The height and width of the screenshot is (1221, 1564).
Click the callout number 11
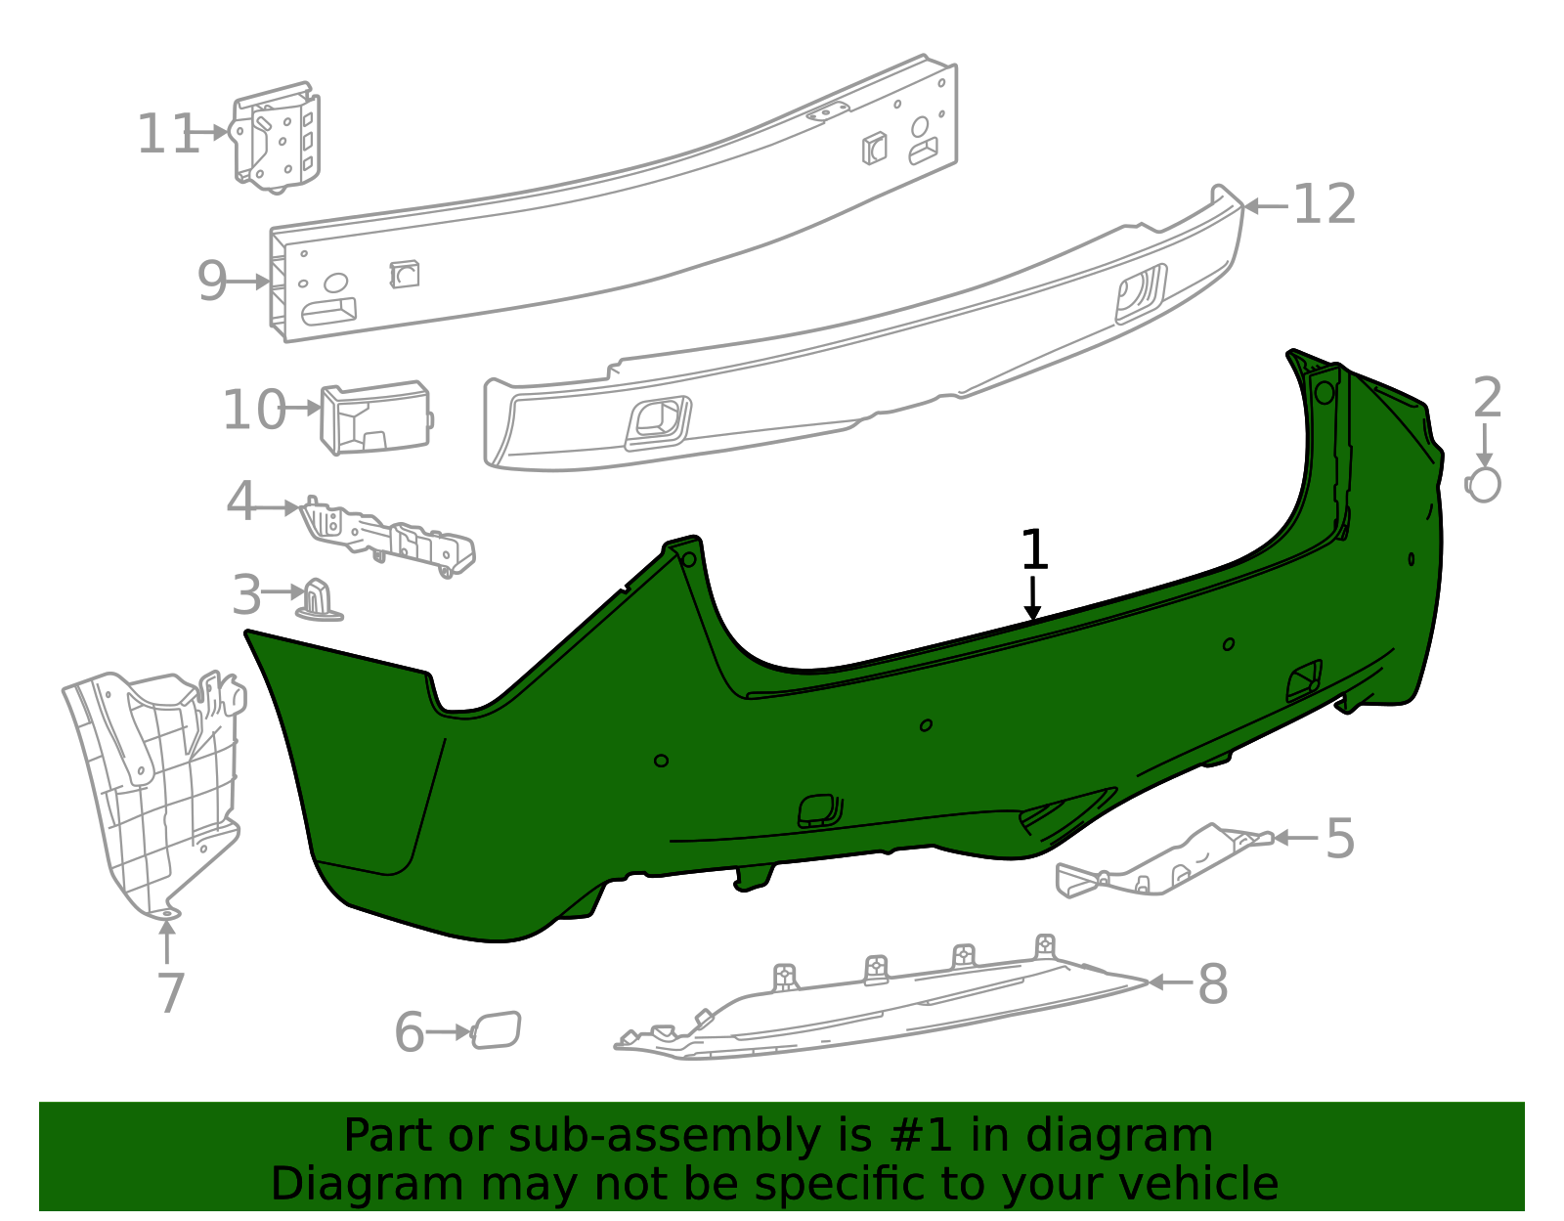pos(168,135)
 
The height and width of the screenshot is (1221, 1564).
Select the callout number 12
pos(1325,205)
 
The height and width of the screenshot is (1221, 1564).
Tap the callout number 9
pos(212,282)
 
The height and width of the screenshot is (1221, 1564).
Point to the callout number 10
pos(254,411)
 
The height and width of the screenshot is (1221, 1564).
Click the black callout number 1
pos(1034,549)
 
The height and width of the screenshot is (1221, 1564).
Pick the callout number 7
pos(171,993)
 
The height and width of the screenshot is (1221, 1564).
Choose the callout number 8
pos(1213,984)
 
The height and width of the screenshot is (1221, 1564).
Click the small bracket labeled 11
pos(276,137)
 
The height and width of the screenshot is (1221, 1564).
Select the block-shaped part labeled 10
pos(375,417)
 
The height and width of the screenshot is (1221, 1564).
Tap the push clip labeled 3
pos(319,601)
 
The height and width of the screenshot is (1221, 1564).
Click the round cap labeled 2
pos(1484,485)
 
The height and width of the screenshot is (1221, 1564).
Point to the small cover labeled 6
pos(496,1030)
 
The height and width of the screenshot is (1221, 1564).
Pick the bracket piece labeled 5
pos(1164,861)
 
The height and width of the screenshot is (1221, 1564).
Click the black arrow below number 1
pos(1033,598)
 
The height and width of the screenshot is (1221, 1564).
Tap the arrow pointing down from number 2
pos(1484,446)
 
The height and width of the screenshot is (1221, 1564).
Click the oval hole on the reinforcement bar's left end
pos(335,283)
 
